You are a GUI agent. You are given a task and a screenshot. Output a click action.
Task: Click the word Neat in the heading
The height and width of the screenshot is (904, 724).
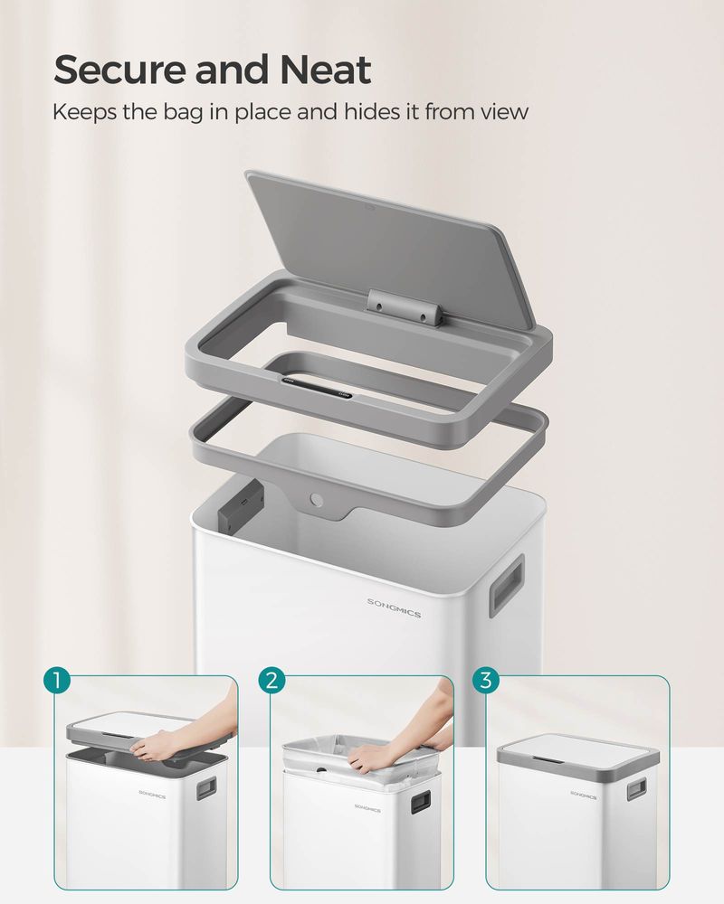(325, 70)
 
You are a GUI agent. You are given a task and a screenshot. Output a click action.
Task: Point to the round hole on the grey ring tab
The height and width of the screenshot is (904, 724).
(316, 498)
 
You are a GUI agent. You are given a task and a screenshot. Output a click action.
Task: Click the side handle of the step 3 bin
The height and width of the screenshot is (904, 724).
(636, 789)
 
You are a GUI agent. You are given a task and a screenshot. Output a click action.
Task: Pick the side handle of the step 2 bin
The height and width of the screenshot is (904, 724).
(420, 802)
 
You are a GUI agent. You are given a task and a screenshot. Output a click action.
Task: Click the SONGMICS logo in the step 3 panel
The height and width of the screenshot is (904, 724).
(583, 793)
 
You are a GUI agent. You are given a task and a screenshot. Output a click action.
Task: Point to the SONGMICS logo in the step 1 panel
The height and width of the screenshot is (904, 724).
(152, 789)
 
